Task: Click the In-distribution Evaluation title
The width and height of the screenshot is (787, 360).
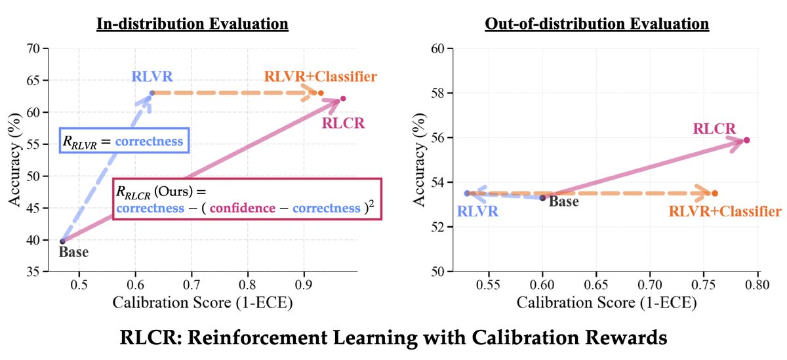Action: point(192,24)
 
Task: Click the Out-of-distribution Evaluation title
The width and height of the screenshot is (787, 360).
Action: point(596,24)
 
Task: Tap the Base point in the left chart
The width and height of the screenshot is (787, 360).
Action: point(62,241)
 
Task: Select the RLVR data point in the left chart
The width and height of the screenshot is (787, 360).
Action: point(151,93)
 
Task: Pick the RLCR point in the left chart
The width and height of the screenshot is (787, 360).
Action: point(343,99)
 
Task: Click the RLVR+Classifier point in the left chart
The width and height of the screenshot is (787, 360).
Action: point(321,93)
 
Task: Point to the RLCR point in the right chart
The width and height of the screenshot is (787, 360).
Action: point(747,140)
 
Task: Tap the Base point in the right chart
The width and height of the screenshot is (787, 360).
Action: point(542,197)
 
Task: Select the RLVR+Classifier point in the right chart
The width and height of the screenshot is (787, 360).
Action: point(715,193)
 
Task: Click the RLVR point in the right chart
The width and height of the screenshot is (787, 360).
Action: point(467,193)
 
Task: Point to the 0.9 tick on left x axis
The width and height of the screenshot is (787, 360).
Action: point(304,283)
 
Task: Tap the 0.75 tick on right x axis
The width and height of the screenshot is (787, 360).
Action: point(704,283)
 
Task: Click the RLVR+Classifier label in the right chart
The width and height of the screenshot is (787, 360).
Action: point(725,211)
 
